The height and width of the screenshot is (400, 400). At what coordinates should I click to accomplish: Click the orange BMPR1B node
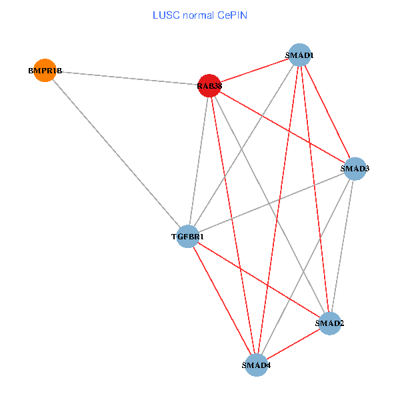tap(44, 69)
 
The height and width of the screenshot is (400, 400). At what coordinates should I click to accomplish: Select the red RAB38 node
tap(209, 85)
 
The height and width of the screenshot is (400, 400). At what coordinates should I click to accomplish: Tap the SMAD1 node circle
tap(300, 55)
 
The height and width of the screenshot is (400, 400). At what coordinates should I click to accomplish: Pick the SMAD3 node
tap(355, 169)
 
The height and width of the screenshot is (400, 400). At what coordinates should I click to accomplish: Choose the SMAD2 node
tap(330, 323)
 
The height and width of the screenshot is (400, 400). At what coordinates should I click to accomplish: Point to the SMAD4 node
tap(257, 365)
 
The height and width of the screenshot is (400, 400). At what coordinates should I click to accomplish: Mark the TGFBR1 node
tap(188, 236)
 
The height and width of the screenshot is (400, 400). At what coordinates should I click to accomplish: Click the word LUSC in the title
tap(163, 15)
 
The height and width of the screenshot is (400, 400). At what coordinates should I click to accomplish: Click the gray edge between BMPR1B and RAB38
tap(127, 77)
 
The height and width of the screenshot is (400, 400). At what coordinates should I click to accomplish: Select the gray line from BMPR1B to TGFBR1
tap(116, 153)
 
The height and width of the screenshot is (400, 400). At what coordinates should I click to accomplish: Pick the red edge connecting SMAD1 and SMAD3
tap(327, 111)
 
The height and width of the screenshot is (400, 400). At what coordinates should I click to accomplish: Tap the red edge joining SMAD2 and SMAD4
tap(293, 344)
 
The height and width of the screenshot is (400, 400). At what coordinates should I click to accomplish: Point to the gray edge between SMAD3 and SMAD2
tap(343, 246)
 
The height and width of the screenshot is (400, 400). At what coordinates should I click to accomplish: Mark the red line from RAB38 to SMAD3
tap(281, 127)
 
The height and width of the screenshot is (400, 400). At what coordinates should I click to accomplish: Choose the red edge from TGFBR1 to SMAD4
tap(222, 300)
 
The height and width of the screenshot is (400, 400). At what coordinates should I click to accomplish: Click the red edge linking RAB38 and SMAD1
tap(254, 70)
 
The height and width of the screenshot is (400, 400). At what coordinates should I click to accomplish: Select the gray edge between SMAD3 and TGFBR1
tap(271, 202)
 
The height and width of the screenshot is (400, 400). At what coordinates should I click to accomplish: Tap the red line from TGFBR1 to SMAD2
tap(259, 279)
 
